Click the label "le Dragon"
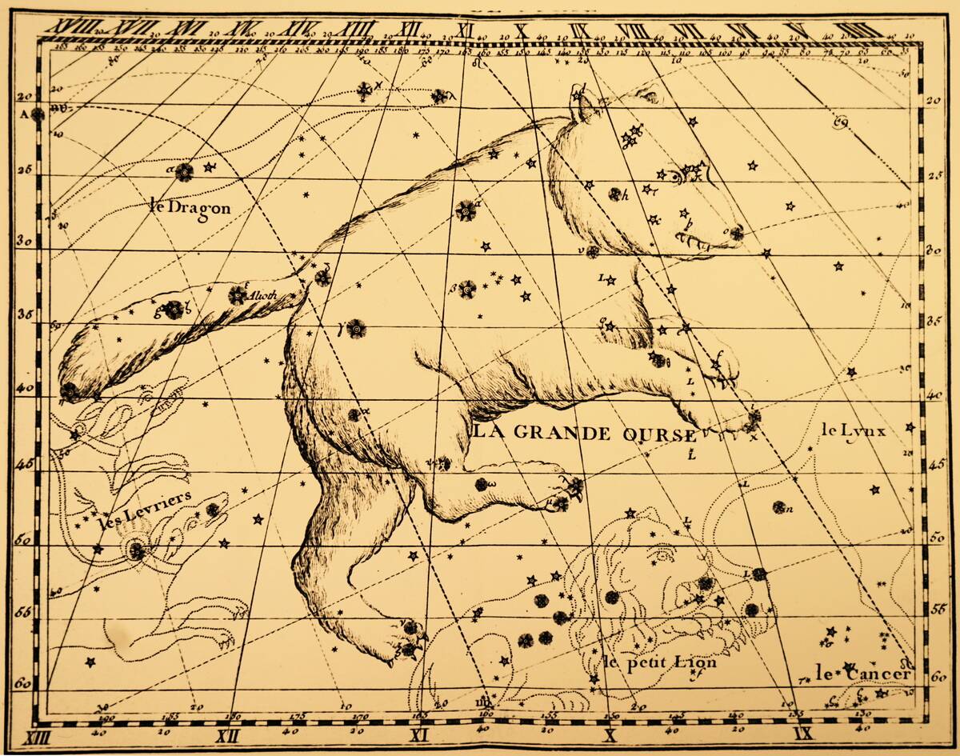click(x=190, y=206)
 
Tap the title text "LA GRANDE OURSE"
click(x=584, y=434)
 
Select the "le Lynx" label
click(x=853, y=430)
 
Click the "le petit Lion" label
click(x=660, y=662)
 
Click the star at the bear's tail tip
click(x=70, y=392)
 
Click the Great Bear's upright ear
click(x=582, y=103)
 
